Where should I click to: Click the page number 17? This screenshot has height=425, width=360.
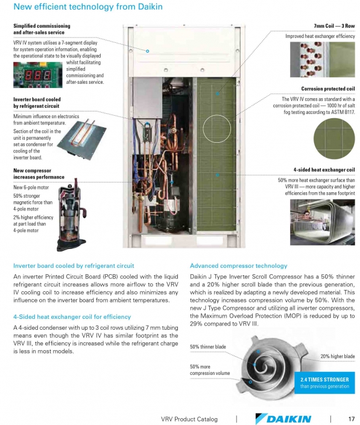click(x=350, y=418)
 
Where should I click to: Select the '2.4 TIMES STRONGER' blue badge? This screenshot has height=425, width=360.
click(x=324, y=382)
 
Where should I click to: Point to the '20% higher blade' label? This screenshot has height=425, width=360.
click(x=337, y=356)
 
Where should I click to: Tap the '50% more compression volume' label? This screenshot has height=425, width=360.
click(x=210, y=370)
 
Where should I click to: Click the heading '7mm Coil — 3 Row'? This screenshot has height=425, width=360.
click(x=334, y=27)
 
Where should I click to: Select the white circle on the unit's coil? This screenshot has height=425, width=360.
click(x=217, y=128)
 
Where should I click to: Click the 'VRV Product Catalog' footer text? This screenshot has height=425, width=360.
click(x=189, y=418)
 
